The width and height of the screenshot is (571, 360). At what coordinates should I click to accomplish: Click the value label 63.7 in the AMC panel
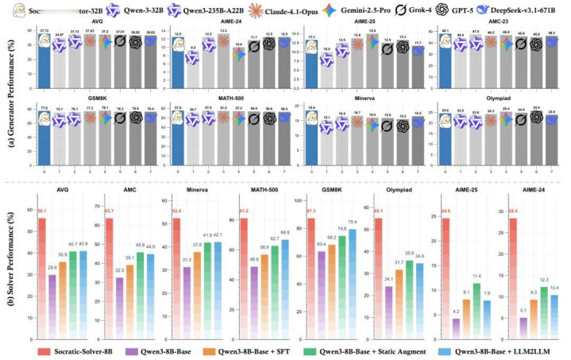110,211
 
